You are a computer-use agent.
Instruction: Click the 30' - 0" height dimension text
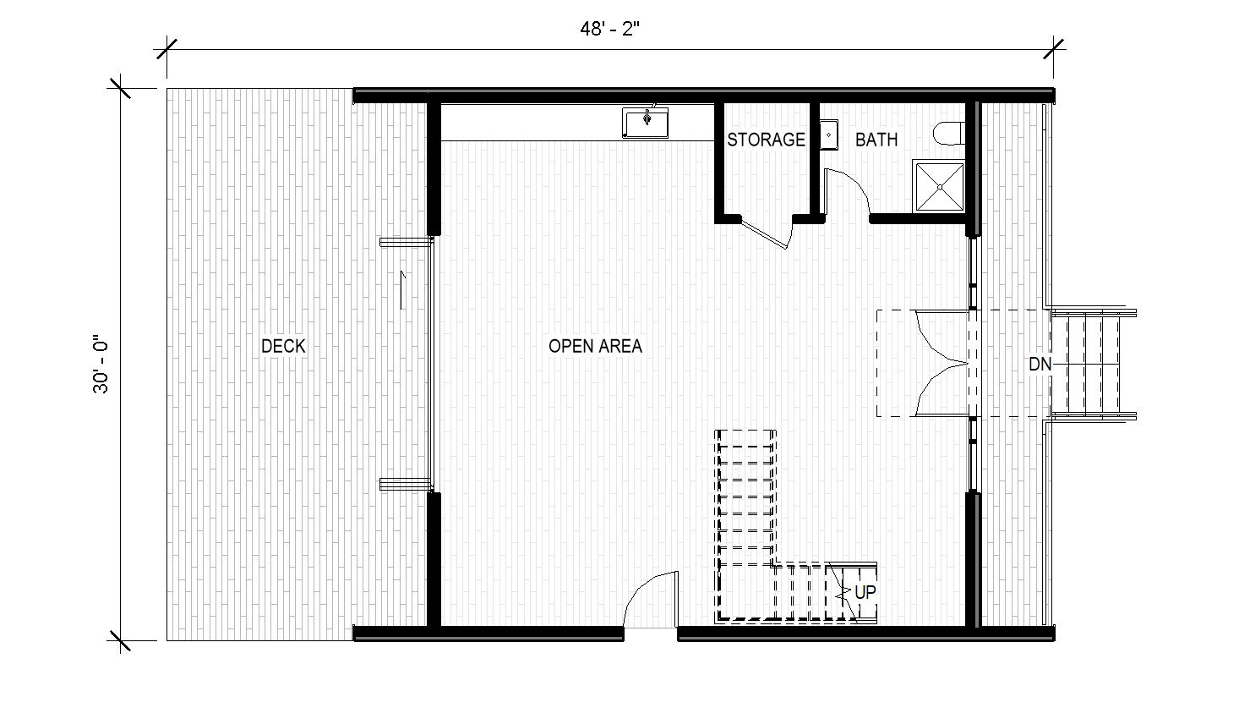point(102,365)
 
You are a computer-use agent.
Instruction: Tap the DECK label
point(283,346)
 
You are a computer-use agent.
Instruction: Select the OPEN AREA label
point(595,346)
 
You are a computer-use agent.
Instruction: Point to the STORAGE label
point(766,140)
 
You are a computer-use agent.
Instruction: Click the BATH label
point(876,140)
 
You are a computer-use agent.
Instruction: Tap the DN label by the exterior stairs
point(1040,365)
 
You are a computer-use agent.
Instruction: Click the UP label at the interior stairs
point(865,593)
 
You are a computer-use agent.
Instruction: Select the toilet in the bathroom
point(949,134)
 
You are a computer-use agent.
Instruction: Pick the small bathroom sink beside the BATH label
point(828,135)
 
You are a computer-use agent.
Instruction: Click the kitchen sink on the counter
point(647,122)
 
